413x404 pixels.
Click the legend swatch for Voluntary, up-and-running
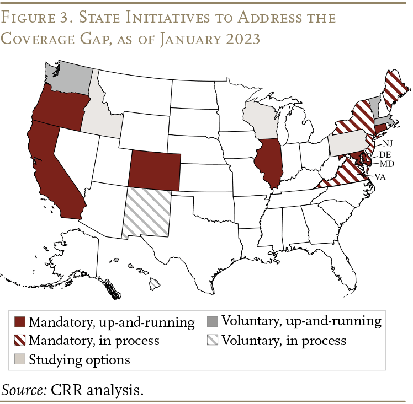213,321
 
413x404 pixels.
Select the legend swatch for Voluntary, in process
213,341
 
